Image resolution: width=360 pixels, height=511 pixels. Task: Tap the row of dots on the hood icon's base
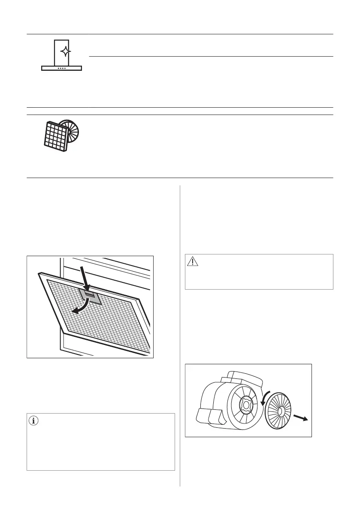tap(62, 68)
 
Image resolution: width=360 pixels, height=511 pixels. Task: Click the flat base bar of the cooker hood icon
tap(62, 68)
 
